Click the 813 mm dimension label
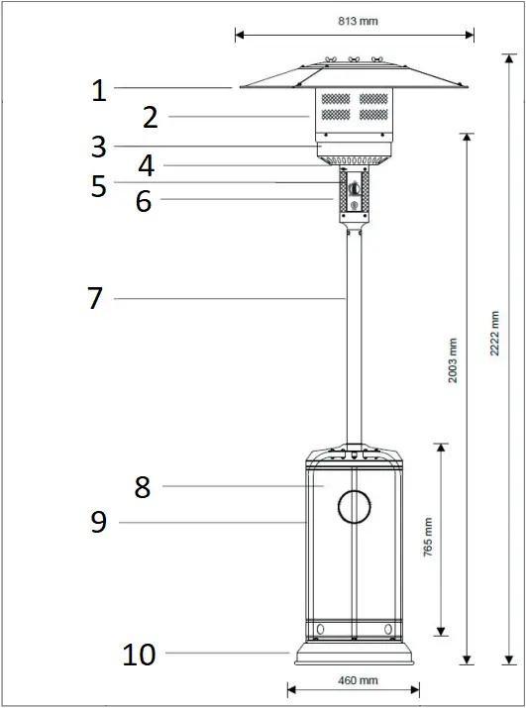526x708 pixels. pyautogui.click(x=354, y=20)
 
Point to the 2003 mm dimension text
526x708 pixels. pyautogui.click(x=453, y=360)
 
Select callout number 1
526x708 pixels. pyautogui.click(x=98, y=91)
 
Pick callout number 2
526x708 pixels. pyautogui.click(x=150, y=118)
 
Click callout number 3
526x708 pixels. pyautogui.click(x=98, y=147)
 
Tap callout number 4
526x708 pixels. pyautogui.click(x=146, y=165)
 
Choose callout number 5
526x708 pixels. pyautogui.click(x=98, y=186)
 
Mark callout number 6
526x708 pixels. pyautogui.click(x=144, y=201)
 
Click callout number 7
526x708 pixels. pyautogui.click(x=95, y=298)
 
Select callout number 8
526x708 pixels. pyautogui.click(x=143, y=486)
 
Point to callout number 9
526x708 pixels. pyautogui.click(x=98, y=522)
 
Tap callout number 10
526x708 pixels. pyautogui.click(x=140, y=654)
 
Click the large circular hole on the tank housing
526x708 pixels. pyautogui.click(x=354, y=507)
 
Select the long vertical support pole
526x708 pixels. pyautogui.click(x=354, y=337)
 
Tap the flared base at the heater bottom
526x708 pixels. pyautogui.click(x=354, y=655)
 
